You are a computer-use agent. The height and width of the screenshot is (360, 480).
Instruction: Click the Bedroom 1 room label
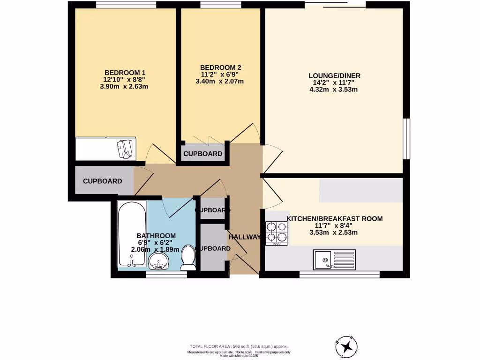click(x=125, y=73)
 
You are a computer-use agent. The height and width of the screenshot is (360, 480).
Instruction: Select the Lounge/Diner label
click(x=334, y=75)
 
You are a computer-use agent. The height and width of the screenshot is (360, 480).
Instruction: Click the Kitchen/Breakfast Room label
click(x=335, y=218)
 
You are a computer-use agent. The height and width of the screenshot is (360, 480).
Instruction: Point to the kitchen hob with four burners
click(x=276, y=233)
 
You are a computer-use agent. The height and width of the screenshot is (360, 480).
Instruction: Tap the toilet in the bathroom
click(x=188, y=258)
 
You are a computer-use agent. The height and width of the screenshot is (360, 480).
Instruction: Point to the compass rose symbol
click(x=347, y=346)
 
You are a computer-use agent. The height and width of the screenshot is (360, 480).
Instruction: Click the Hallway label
click(x=244, y=237)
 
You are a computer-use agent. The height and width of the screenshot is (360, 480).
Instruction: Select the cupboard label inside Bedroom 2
click(x=202, y=154)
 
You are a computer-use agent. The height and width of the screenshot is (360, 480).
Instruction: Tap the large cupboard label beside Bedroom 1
click(x=103, y=181)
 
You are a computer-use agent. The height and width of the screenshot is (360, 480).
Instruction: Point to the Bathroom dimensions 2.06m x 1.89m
click(x=156, y=249)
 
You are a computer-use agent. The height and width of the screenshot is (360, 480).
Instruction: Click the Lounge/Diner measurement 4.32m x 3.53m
click(x=334, y=90)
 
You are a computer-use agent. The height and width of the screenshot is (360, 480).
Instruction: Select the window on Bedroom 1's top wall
click(x=126, y=5)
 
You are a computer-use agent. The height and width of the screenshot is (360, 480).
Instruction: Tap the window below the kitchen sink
click(x=339, y=274)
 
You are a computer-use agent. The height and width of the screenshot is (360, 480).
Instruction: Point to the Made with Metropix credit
click(x=239, y=355)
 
